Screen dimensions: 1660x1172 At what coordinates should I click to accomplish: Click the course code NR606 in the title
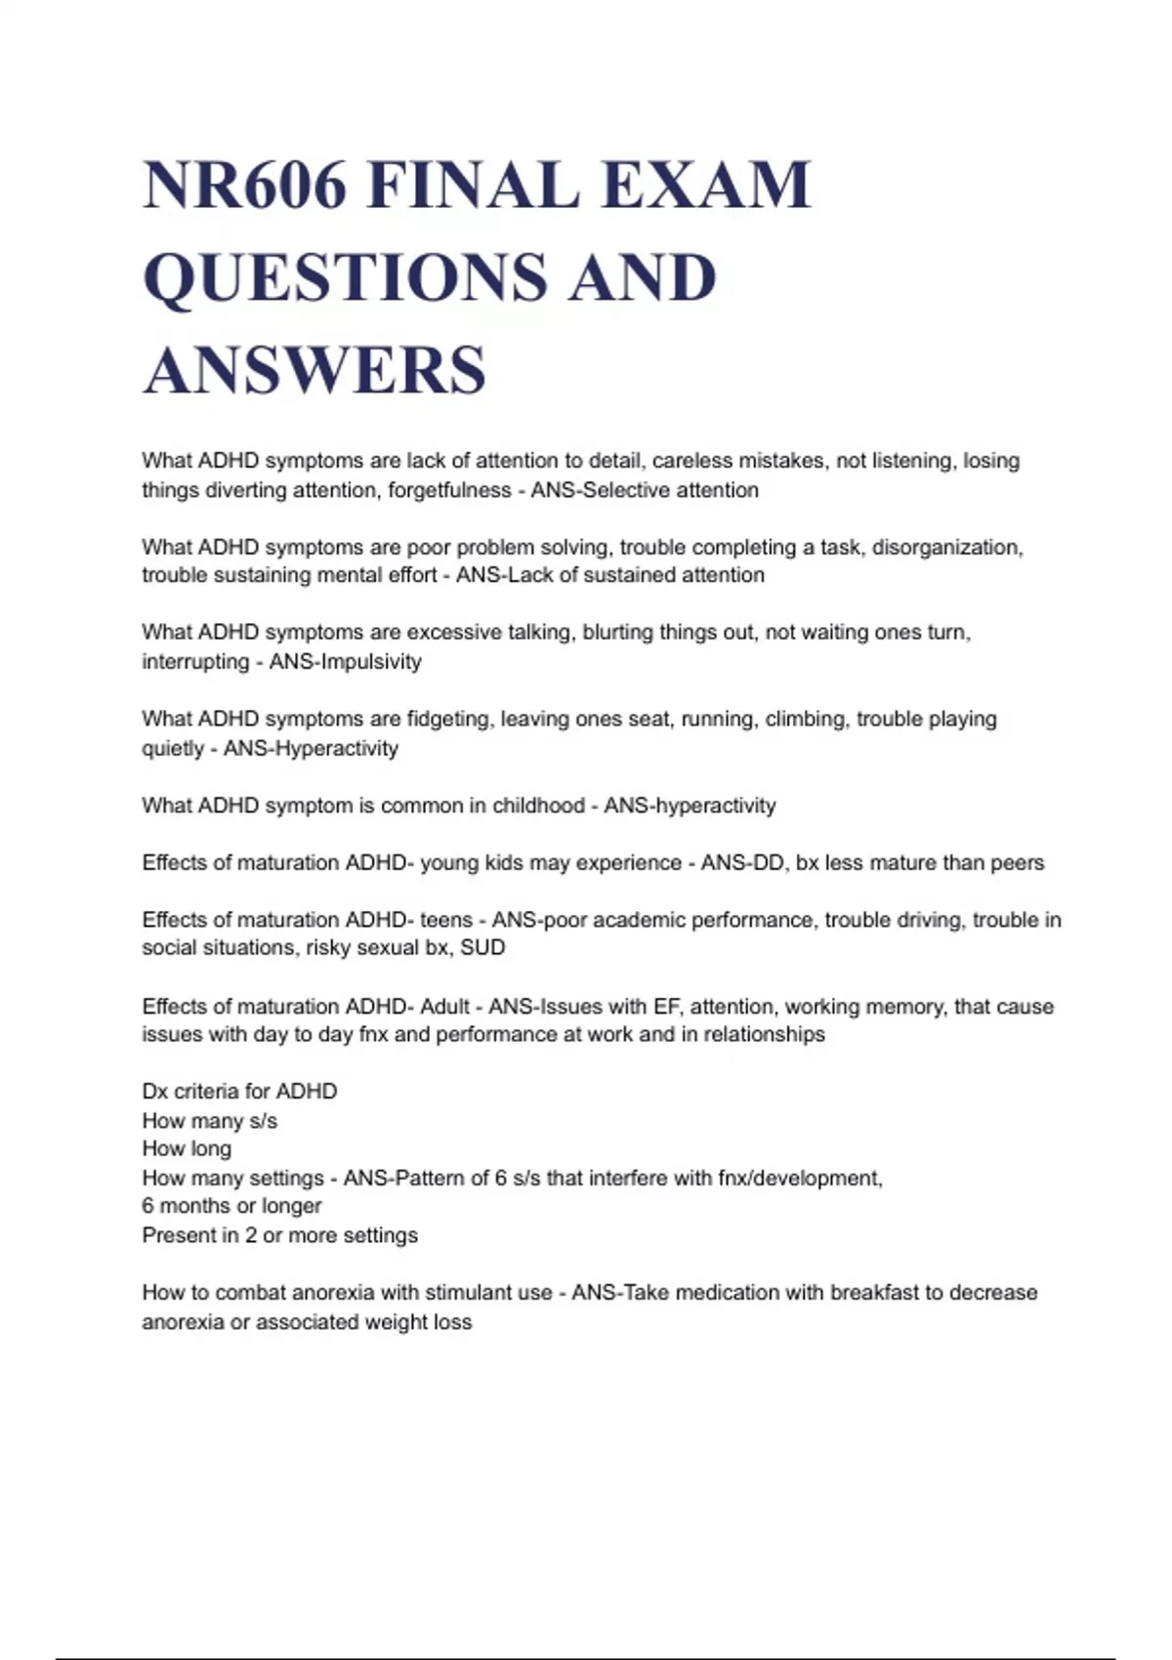[245, 185]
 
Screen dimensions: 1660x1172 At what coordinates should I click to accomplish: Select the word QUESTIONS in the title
[345, 277]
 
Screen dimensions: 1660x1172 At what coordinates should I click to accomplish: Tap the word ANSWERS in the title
[314, 370]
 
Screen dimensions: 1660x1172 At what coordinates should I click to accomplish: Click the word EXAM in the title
[706, 185]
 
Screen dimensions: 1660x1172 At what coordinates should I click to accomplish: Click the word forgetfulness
[449, 489]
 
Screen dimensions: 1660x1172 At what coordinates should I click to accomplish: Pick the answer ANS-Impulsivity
[346, 661]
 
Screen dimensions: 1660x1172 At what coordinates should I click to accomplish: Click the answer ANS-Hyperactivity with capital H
[312, 748]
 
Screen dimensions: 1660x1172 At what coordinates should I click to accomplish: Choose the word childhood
[538, 806]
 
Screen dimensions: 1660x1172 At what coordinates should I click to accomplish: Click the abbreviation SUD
[483, 947]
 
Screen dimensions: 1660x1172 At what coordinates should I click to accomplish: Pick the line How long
[187, 1148]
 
